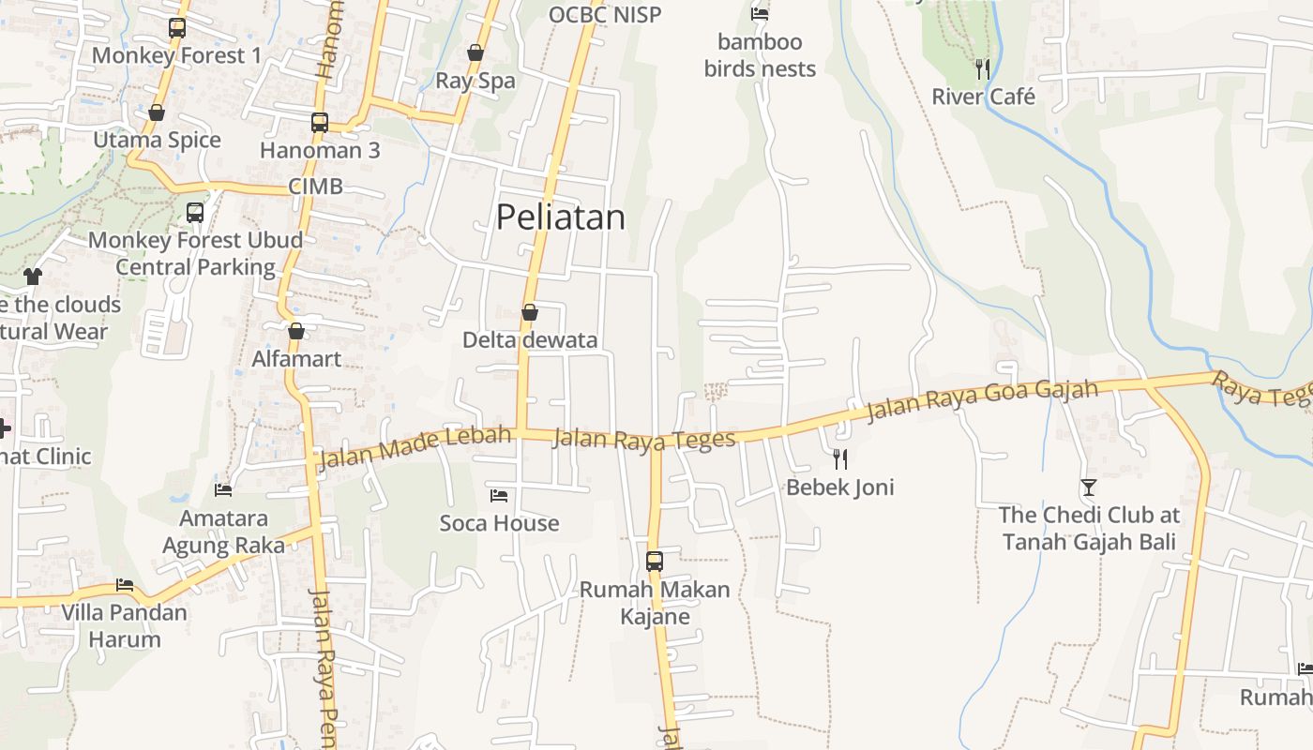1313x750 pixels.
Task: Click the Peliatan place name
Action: pos(560,217)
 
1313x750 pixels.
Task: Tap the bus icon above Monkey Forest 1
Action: pos(177,28)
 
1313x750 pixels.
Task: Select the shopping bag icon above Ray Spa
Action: pos(475,52)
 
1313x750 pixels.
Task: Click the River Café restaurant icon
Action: pos(982,68)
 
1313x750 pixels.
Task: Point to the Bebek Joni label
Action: pos(839,487)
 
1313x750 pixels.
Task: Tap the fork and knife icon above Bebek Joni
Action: pos(840,458)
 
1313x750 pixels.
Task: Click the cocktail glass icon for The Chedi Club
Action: pos(1088,487)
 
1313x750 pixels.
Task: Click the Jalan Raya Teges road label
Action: pos(643,440)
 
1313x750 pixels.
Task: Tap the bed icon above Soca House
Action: pos(499,494)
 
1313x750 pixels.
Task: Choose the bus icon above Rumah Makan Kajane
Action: pos(655,562)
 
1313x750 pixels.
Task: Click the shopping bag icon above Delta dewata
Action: pos(530,312)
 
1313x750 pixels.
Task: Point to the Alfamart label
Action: pos(296,359)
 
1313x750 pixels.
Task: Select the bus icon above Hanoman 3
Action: pos(320,122)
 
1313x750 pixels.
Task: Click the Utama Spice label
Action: pos(157,141)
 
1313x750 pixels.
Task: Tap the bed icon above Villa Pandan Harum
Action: pos(125,584)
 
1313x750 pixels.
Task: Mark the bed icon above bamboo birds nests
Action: pos(760,14)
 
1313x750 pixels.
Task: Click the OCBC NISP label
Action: pos(605,14)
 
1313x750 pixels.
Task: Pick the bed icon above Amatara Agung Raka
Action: pos(223,489)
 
